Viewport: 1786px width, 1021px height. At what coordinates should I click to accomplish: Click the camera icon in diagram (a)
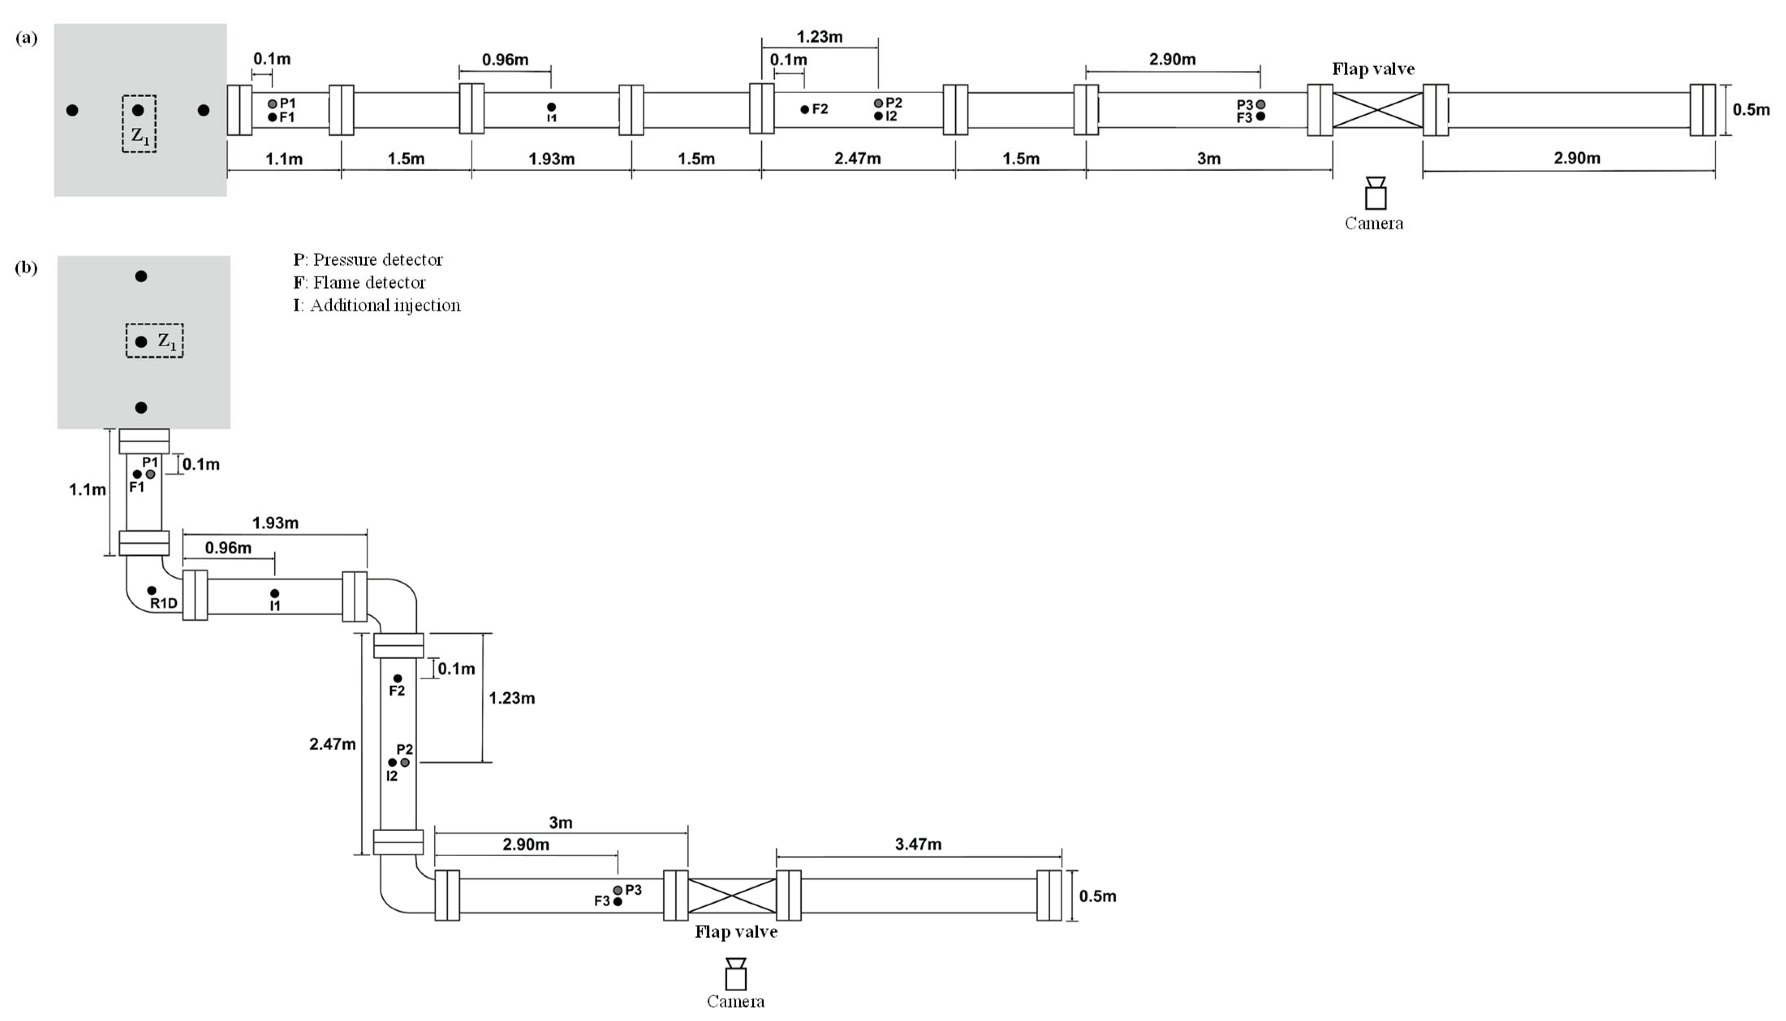pyautogui.click(x=1375, y=194)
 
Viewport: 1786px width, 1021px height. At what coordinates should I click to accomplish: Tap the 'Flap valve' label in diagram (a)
pyautogui.click(x=1372, y=69)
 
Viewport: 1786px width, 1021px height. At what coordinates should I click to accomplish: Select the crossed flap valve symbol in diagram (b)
pyautogui.click(x=732, y=895)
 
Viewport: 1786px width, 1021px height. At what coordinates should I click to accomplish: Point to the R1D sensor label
pyautogui.click(x=164, y=603)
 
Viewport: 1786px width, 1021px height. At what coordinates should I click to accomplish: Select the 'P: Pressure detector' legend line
pyautogui.click(x=368, y=260)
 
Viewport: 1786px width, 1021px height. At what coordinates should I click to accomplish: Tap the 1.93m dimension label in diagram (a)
pyautogui.click(x=551, y=159)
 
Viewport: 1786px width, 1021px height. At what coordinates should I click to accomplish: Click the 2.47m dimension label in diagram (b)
pyautogui.click(x=332, y=744)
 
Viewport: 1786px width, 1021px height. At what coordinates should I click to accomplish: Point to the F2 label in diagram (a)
pyautogui.click(x=819, y=110)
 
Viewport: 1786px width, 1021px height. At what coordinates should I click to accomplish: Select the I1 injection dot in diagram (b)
pyautogui.click(x=275, y=593)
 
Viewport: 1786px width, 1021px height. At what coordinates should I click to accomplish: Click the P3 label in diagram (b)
pyautogui.click(x=633, y=890)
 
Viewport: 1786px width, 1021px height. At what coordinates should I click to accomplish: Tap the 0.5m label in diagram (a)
pyautogui.click(x=1750, y=110)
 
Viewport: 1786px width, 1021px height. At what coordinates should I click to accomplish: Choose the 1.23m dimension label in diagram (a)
pyautogui.click(x=819, y=37)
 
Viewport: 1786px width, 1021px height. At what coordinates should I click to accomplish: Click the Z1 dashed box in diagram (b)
pyautogui.click(x=155, y=341)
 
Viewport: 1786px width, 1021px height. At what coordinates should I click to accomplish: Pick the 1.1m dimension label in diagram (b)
pyautogui.click(x=87, y=490)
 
